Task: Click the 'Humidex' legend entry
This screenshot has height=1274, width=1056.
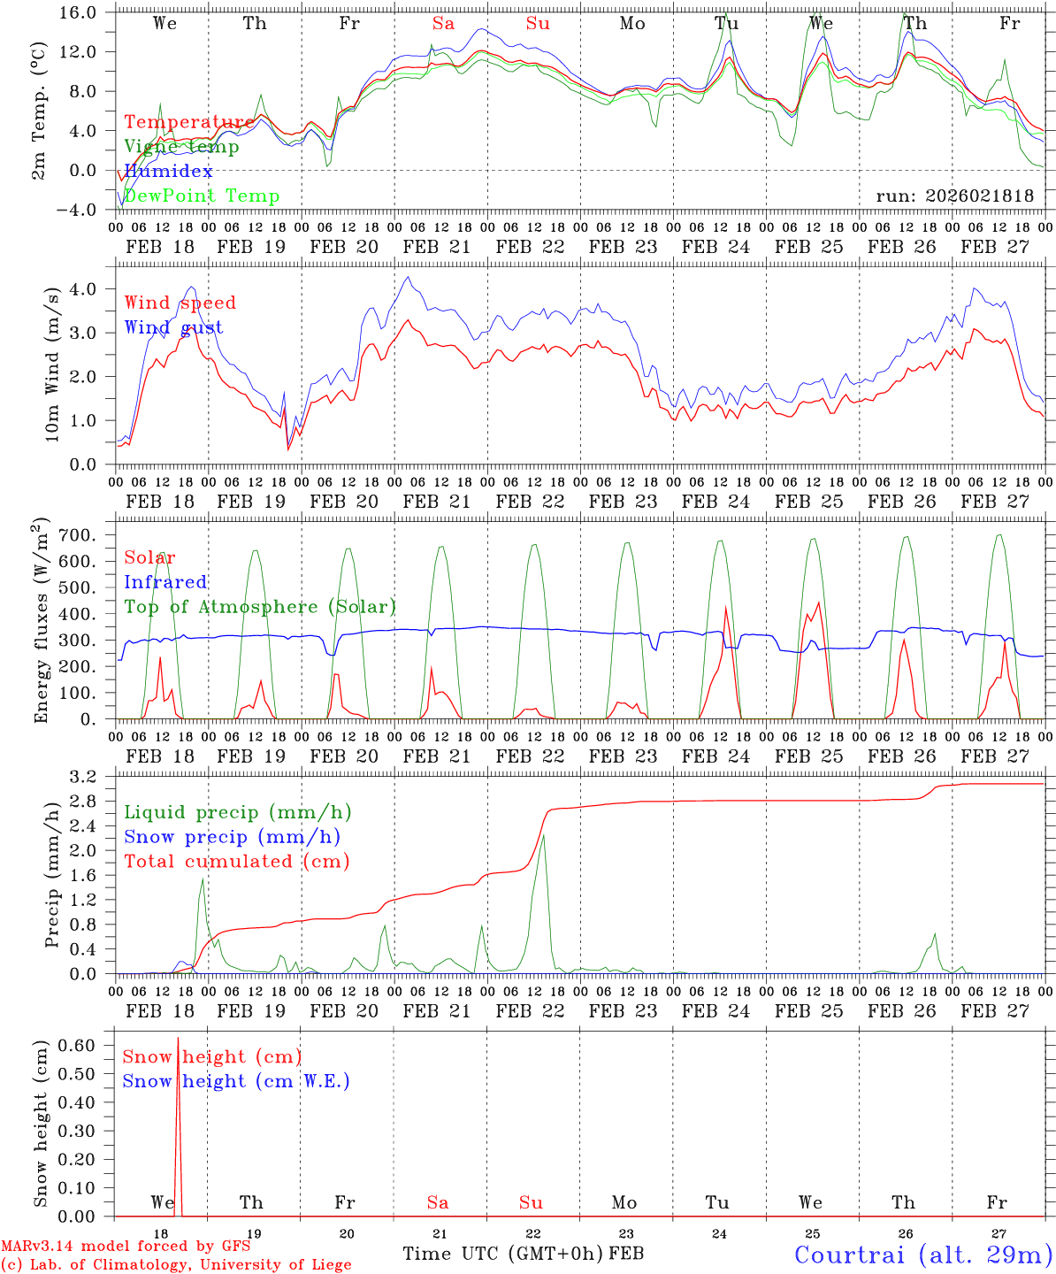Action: click(168, 171)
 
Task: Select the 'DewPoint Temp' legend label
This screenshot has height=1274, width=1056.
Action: click(202, 196)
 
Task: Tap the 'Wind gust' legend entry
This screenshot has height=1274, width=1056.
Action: click(173, 327)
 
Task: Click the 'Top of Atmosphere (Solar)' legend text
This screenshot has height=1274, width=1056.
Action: click(260, 606)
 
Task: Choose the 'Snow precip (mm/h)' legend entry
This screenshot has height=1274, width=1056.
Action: click(232, 836)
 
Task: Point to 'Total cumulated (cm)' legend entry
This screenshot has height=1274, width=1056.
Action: click(236, 861)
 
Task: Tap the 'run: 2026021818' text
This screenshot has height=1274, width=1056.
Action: click(954, 196)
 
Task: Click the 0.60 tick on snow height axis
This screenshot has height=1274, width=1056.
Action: click(88, 1045)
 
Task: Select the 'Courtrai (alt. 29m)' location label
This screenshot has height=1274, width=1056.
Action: click(922, 1254)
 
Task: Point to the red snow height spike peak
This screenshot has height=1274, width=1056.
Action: click(178, 1039)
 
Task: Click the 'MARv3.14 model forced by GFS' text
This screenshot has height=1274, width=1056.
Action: click(125, 1247)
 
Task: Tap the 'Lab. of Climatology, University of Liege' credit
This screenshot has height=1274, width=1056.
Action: click(176, 1265)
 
